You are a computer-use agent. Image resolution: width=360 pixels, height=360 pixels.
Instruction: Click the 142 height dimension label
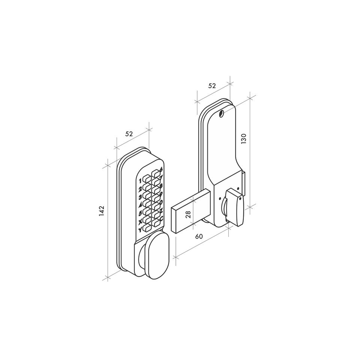tap(102, 211)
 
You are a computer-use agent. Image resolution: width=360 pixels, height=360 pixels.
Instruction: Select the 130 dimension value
tap(244, 139)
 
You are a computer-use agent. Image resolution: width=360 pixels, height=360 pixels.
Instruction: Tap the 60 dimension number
tap(199, 236)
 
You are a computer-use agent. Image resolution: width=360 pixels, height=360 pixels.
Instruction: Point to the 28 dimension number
tap(188, 214)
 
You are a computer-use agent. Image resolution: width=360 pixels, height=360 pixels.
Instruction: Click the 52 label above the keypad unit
tap(129, 133)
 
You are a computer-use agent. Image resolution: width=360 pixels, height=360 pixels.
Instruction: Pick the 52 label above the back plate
tap(212, 85)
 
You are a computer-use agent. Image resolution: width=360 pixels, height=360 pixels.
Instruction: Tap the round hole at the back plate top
tap(222, 113)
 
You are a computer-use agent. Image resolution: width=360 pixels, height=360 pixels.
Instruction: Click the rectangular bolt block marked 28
tap(190, 211)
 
